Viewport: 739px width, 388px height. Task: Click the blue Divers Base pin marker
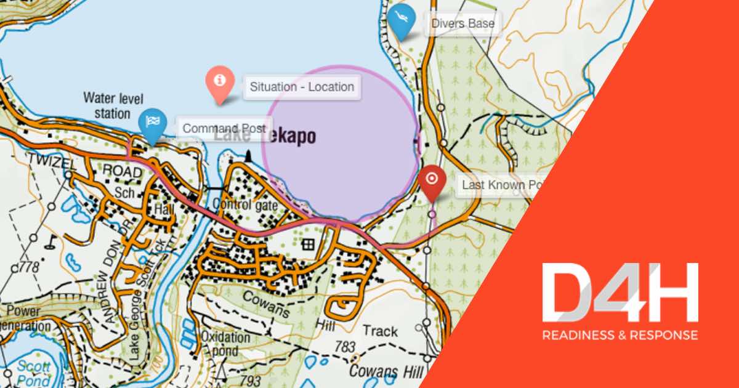pos(400,20)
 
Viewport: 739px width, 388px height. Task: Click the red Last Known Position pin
pos(432,180)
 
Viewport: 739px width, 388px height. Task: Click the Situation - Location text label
pos(302,87)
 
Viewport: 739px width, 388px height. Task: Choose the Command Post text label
pos(224,129)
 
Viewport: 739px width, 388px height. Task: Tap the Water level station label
pos(107,105)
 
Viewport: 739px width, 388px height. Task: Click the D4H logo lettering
pos(620,293)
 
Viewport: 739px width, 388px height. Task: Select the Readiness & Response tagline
pos(620,335)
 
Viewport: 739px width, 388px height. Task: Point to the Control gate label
pos(244,205)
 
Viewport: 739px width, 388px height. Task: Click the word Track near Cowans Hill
pos(380,331)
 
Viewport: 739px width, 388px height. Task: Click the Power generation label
pos(25,318)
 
